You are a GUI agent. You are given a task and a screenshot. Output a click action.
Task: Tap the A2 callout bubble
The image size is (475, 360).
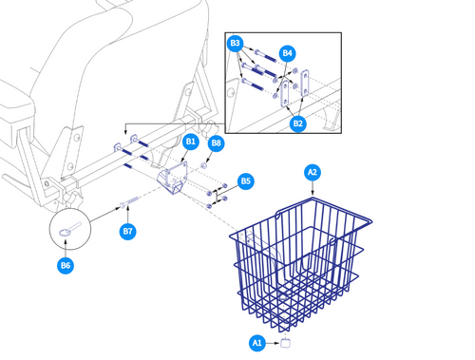pos(312,173)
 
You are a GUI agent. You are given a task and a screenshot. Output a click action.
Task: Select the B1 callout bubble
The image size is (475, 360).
pos(190,142)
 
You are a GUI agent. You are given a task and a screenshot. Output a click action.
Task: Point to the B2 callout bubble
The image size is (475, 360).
pos(297,123)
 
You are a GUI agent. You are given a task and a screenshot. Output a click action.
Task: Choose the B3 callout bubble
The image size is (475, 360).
pos(235,44)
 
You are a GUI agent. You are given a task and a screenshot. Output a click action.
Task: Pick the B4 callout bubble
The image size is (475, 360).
pos(288,52)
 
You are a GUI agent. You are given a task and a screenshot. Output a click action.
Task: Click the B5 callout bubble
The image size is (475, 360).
pos(245,180)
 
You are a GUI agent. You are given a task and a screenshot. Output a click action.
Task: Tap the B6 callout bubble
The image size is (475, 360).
pos(66,265)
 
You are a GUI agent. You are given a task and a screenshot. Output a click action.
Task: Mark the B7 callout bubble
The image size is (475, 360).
pos(127,231)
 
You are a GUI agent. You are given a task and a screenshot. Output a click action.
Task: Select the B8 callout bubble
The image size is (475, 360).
pos(217,143)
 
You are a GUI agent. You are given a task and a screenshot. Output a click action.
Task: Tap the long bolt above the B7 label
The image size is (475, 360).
pos(132,202)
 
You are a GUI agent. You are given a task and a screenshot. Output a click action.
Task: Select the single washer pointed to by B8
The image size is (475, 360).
pos(204,165)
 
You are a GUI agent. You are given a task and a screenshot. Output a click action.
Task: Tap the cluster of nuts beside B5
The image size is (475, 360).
pos(216,193)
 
